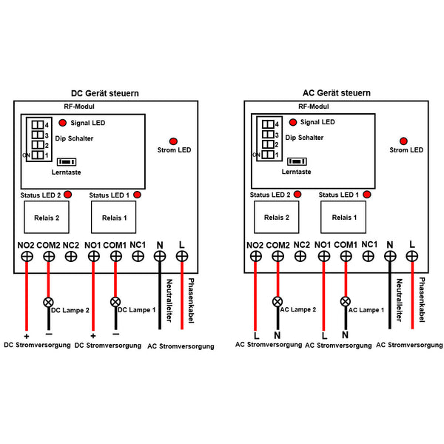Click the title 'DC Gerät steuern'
[x=104, y=93]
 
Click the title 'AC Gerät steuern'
[x=337, y=93]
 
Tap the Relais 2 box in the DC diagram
[x=47, y=218]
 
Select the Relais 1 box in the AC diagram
[x=343, y=218]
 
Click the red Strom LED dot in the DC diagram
[x=174, y=141]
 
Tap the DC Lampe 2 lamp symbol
[x=49, y=302]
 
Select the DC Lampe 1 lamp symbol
[x=115, y=302]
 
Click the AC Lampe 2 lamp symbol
[x=277, y=302]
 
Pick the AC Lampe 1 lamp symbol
[x=345, y=302]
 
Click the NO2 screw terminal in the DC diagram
[x=26, y=256]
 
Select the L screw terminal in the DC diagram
[x=181, y=256]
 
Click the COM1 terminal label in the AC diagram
[x=346, y=244]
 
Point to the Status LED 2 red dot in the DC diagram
[x=68, y=195]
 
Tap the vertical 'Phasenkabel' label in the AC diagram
[x=423, y=300]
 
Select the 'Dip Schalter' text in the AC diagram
[x=303, y=138]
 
